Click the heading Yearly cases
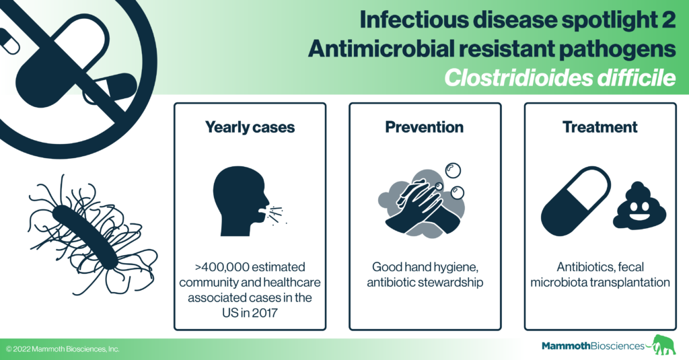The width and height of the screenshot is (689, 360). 250,127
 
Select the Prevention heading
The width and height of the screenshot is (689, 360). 425,127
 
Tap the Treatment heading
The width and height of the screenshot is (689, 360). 600,127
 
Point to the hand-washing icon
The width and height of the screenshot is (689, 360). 422,201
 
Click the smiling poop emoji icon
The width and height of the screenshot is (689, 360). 639,205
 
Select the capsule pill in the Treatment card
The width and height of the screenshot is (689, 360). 576,201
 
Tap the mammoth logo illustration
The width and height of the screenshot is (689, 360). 663,345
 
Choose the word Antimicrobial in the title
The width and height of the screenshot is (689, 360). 382,49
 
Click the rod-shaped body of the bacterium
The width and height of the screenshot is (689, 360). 85,237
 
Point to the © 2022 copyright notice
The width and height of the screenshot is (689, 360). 63,349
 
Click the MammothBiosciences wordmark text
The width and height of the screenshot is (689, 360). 593,346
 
